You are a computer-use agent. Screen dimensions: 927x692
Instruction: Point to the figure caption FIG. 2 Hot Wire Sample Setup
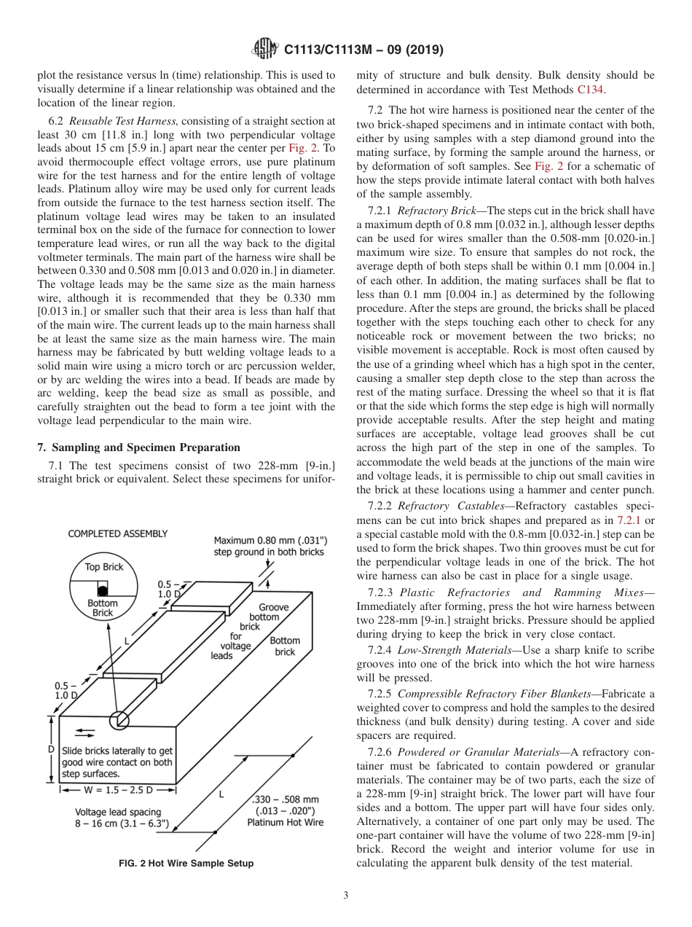(186, 863)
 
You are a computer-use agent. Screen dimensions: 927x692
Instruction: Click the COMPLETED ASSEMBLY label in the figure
(118, 533)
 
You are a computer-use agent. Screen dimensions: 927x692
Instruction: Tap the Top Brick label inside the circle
(104, 567)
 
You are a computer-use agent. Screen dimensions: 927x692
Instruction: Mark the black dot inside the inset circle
(103, 590)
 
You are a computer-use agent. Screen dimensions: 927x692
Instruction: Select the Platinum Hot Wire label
(285, 823)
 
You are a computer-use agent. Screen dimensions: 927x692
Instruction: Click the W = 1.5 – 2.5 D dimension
(119, 789)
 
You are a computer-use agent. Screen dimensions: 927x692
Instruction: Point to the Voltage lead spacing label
(119, 811)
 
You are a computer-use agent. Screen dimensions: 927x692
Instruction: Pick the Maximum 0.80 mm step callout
(270, 546)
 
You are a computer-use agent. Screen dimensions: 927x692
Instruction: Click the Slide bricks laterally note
(117, 762)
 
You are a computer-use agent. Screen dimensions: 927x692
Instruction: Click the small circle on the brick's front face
(119, 720)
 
